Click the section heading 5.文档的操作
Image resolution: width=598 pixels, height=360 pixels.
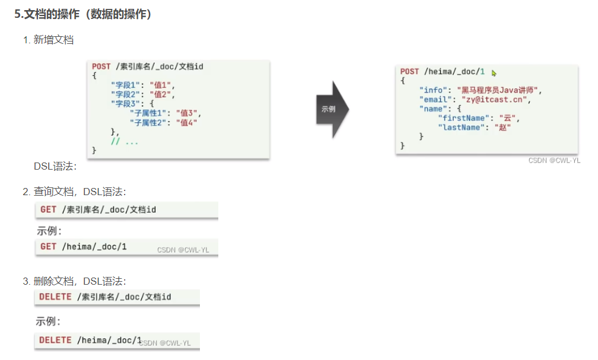tap(83, 14)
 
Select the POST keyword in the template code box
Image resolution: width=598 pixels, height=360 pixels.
tap(101, 66)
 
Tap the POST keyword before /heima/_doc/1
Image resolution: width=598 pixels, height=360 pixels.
tap(409, 72)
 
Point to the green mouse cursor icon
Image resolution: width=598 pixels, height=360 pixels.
tap(494, 73)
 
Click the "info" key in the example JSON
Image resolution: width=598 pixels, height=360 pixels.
tap(432, 90)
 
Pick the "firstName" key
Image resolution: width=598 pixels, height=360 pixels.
tap(462, 118)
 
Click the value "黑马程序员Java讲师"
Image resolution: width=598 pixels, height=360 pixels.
tap(500, 90)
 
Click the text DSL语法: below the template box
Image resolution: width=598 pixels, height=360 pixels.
tap(55, 166)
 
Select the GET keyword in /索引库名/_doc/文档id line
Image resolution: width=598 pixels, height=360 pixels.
tap(49, 209)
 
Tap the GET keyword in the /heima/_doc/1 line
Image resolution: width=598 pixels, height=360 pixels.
tap(49, 246)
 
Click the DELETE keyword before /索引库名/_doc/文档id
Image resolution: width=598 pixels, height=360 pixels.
tap(55, 297)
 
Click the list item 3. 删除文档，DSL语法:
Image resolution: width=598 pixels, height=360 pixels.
tap(74, 281)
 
